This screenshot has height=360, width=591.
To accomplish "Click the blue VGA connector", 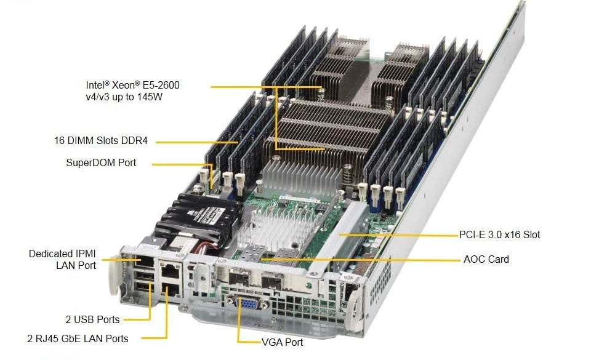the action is (x=247, y=302).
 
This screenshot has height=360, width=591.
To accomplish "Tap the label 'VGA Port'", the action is (x=283, y=342).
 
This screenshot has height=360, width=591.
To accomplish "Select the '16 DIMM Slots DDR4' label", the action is (x=101, y=140).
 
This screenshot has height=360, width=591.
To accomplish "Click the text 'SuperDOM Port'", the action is (x=101, y=162).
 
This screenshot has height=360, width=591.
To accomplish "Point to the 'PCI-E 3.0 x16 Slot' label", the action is (x=499, y=234).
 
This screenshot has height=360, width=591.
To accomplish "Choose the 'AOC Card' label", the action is (x=486, y=259).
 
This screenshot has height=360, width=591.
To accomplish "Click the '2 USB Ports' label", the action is (x=92, y=320).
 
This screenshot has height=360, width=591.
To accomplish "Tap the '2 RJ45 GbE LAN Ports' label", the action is (x=78, y=338).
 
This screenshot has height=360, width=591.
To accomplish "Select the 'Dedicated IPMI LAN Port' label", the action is (x=63, y=260).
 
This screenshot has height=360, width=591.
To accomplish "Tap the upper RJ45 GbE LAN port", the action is (x=170, y=271).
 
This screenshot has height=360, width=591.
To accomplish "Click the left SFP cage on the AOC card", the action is (x=238, y=278).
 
